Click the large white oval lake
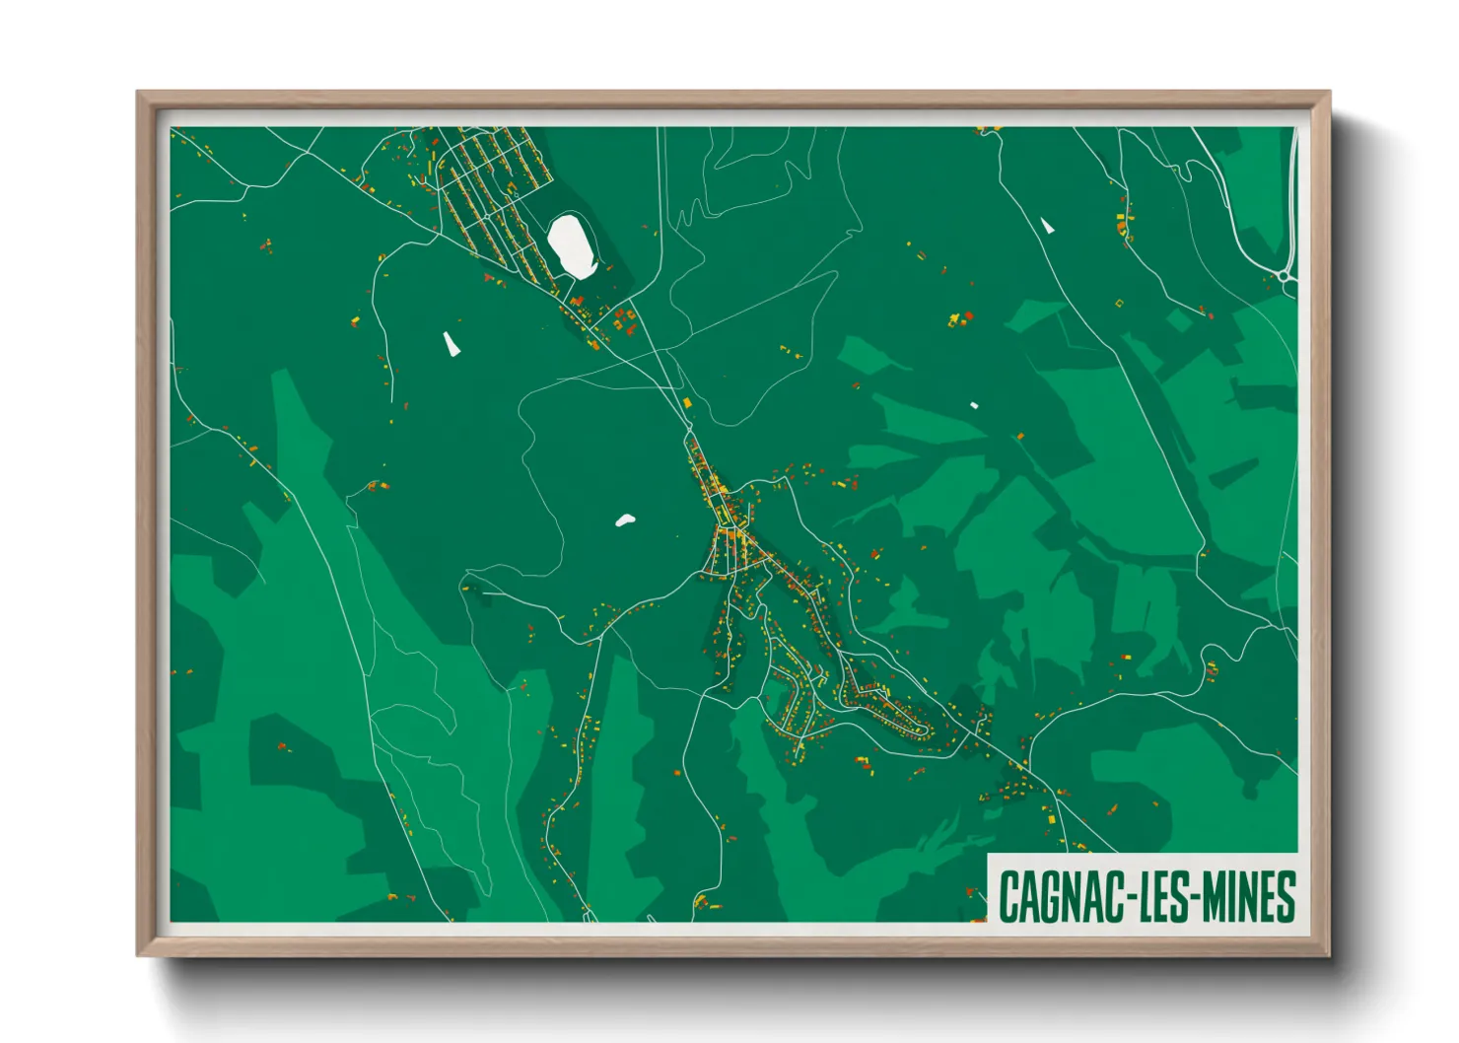click(x=571, y=245)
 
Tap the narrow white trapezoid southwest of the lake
click(x=451, y=343)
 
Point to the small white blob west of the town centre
click(x=624, y=520)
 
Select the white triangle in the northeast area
click(x=1047, y=226)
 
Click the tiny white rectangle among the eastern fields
click(x=973, y=405)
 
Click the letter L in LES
click(x=1146, y=897)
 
